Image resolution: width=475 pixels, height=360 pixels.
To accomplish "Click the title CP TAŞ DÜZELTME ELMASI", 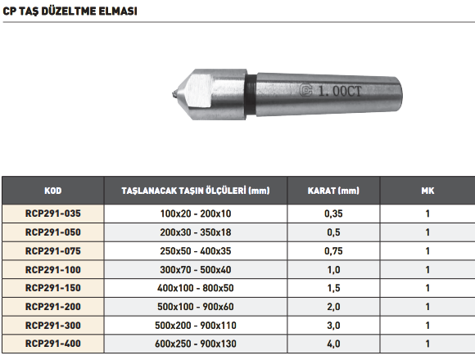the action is tap(70, 11).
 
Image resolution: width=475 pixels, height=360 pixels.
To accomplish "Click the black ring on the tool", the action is tap(250, 94).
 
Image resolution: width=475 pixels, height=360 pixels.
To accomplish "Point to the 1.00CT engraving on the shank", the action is tap(340, 91).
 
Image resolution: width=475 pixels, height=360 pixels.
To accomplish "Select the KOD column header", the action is tap(53, 191).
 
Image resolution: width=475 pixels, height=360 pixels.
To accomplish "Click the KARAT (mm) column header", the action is tap(333, 191).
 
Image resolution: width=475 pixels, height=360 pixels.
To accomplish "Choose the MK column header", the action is tap(427, 191).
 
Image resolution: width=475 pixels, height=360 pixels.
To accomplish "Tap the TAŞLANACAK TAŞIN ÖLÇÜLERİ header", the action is tap(196, 191).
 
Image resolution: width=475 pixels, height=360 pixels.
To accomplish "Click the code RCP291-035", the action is tap(53, 214).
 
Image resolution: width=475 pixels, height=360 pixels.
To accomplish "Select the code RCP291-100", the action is tap(53, 269).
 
